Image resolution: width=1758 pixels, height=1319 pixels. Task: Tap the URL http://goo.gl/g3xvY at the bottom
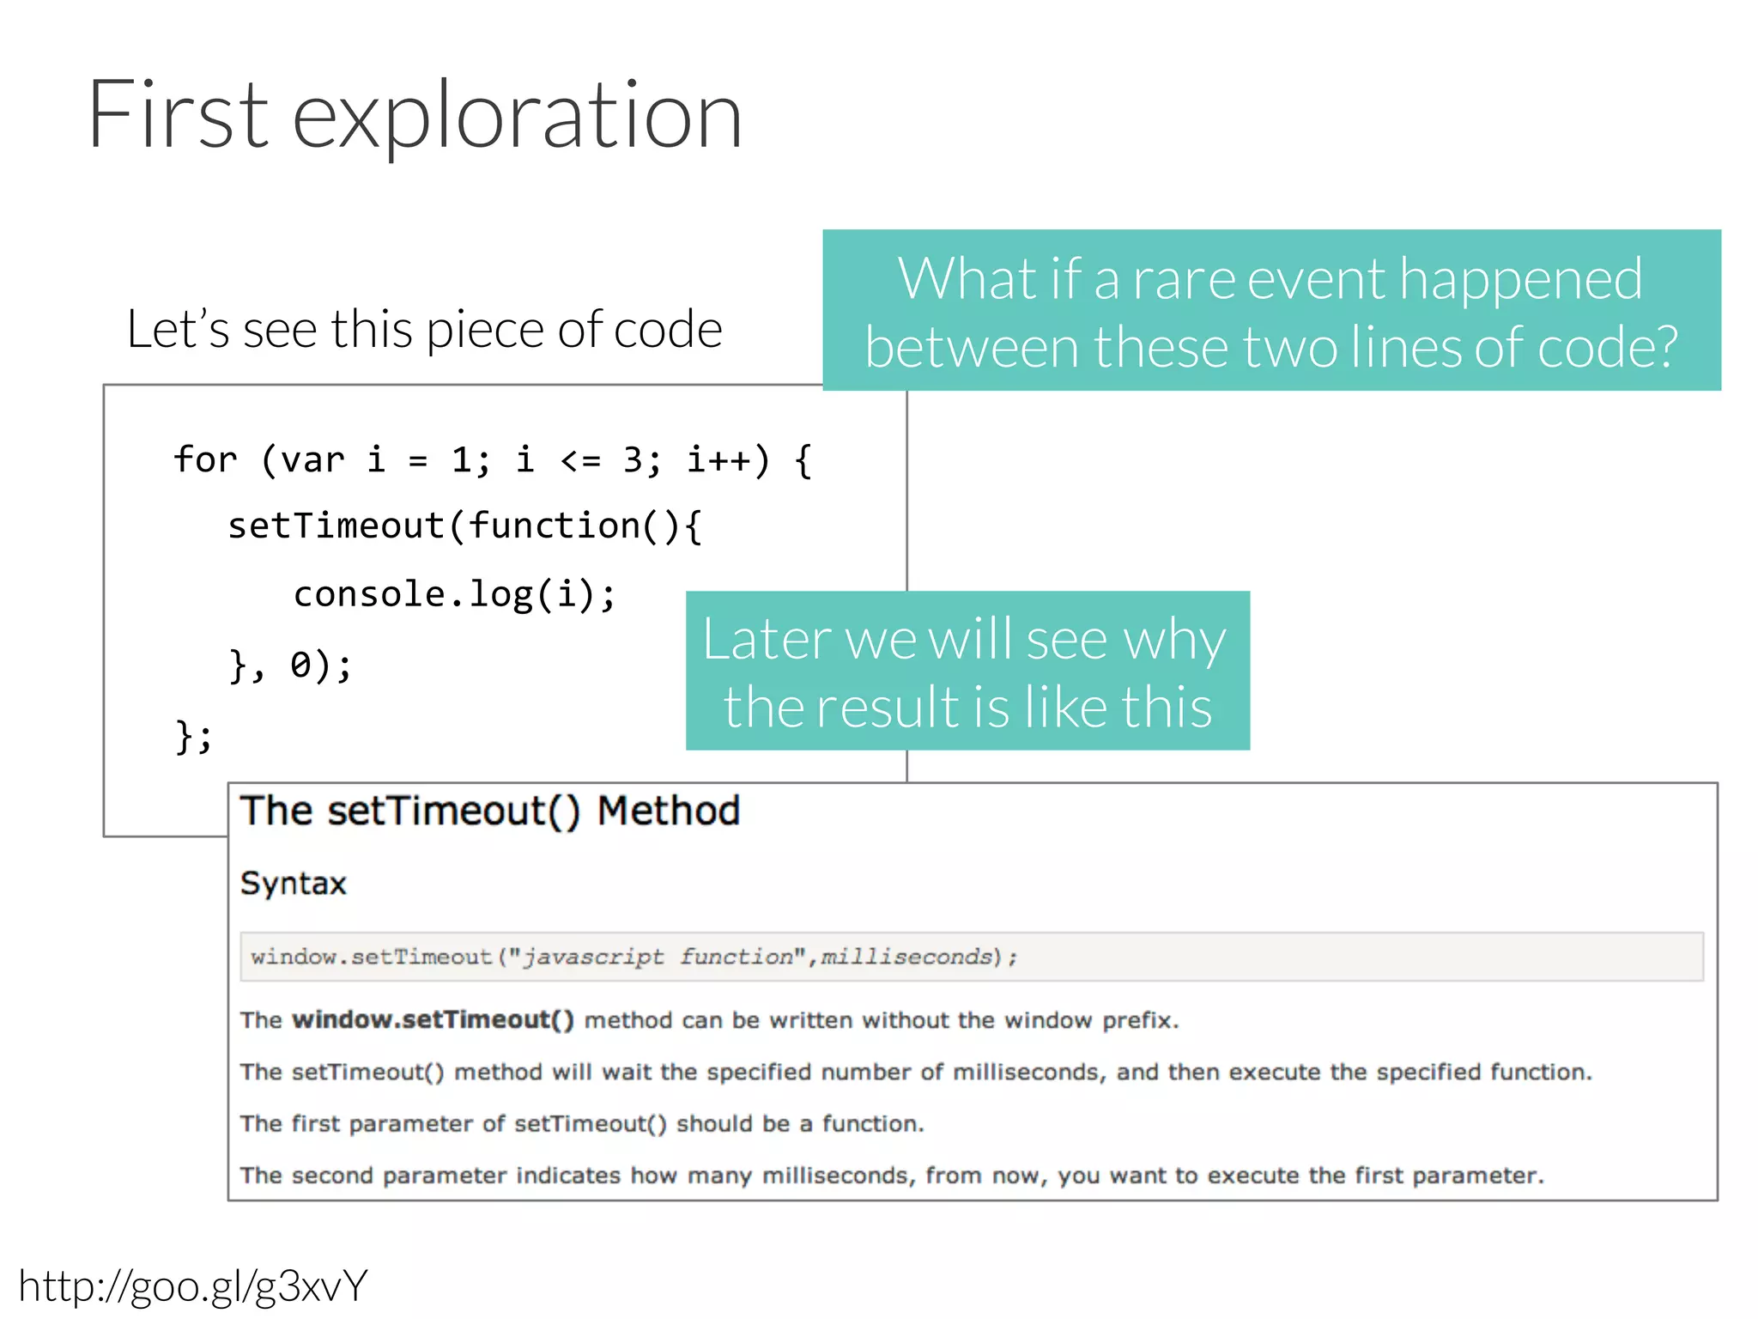coord(193,1286)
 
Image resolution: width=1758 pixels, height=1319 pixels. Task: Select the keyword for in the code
coord(204,460)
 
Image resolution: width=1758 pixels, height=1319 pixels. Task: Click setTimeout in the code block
coord(335,526)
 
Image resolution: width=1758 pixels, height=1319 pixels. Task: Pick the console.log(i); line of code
coord(454,594)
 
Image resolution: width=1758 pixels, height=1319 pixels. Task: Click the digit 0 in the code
coord(300,665)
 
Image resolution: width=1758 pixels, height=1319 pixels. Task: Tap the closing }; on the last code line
coord(194,736)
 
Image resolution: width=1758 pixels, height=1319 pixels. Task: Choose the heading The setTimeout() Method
coord(489,811)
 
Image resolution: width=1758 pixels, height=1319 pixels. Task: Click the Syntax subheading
coord(293,884)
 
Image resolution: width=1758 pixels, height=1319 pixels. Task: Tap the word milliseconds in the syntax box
coord(906,957)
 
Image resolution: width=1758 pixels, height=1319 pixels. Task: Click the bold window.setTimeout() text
coord(433,1020)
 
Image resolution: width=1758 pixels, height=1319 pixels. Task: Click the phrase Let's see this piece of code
coord(424,330)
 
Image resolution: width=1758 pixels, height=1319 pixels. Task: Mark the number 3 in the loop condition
coord(633,460)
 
